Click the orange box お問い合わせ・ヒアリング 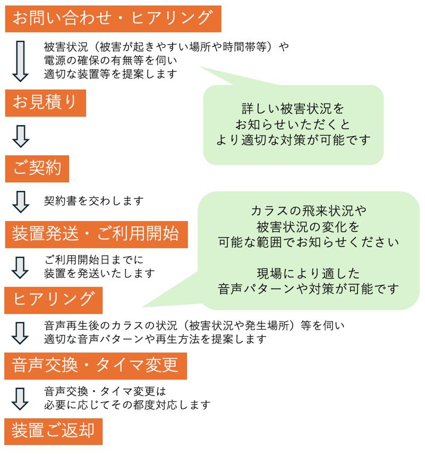pyautogui.click(x=113, y=19)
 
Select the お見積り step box pyautogui.click(x=45, y=103)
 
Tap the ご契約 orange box pyautogui.click(x=37, y=169)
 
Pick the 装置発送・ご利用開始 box pyautogui.click(x=97, y=234)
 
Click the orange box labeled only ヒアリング pyautogui.click(x=53, y=300)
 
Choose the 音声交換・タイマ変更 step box pyautogui.click(x=96, y=366)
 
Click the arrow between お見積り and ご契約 pyautogui.click(x=20, y=136)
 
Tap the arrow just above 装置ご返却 pyautogui.click(x=20, y=398)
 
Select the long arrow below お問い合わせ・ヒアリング pyautogui.click(x=20, y=61)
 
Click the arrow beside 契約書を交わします pyautogui.click(x=20, y=201)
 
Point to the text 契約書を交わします pyautogui.click(x=94, y=201)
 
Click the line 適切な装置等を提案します pyautogui.click(x=110, y=74)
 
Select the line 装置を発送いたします pyautogui.click(x=99, y=273)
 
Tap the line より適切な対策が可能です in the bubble pyautogui.click(x=293, y=139)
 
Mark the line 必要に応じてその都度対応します pyautogui.click(x=127, y=405)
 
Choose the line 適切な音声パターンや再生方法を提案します pyautogui.click(x=155, y=339)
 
